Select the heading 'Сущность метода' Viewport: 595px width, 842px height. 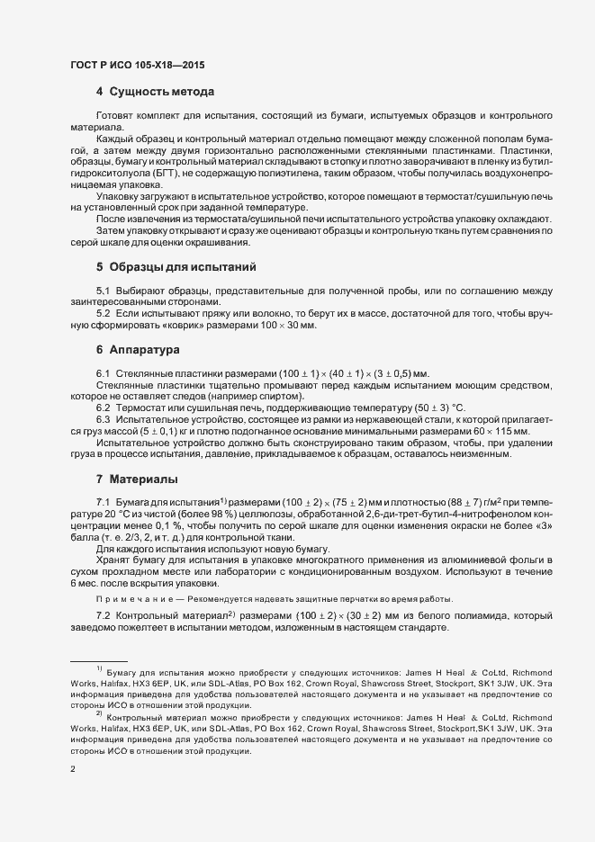(161, 93)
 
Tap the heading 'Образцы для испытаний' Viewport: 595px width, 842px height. (183, 267)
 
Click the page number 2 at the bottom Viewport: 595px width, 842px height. (72, 770)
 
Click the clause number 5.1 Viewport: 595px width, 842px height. (103, 290)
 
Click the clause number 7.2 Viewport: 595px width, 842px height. (103, 616)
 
